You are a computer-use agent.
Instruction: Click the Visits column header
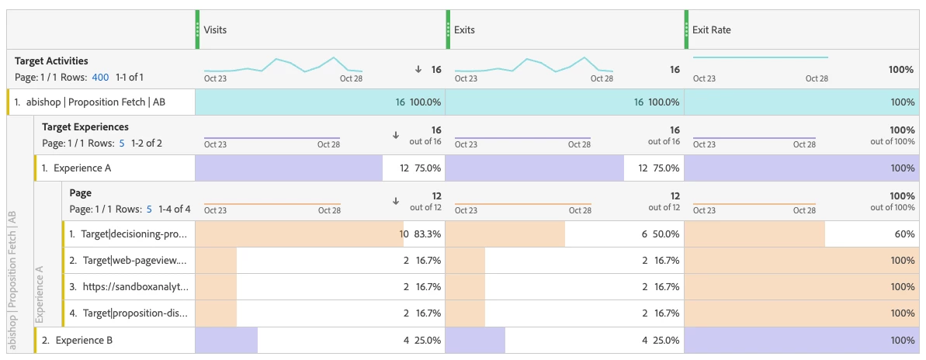click(215, 30)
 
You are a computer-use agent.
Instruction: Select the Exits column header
click(464, 30)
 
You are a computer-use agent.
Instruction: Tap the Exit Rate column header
click(711, 30)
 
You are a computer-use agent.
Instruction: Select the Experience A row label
click(78, 168)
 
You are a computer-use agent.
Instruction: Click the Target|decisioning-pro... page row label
click(128, 234)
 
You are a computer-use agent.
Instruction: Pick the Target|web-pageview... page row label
click(128, 260)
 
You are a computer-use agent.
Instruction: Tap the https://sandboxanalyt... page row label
click(128, 286)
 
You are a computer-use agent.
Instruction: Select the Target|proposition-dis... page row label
click(128, 313)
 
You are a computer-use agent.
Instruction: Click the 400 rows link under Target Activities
click(100, 77)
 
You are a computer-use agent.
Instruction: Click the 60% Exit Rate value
click(903, 234)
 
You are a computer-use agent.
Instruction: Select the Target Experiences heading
click(85, 126)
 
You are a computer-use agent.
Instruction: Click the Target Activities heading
click(51, 61)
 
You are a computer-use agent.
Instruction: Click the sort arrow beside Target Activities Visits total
click(418, 69)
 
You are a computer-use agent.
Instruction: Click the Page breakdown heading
click(81, 192)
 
